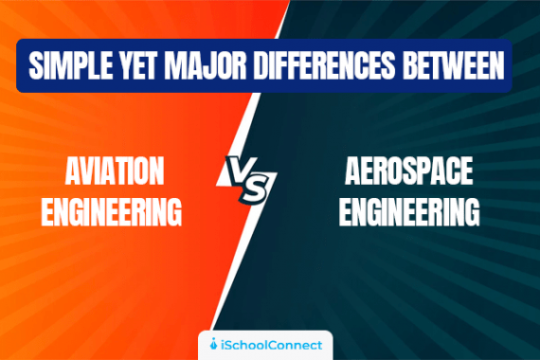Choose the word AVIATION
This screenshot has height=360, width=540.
point(115,172)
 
